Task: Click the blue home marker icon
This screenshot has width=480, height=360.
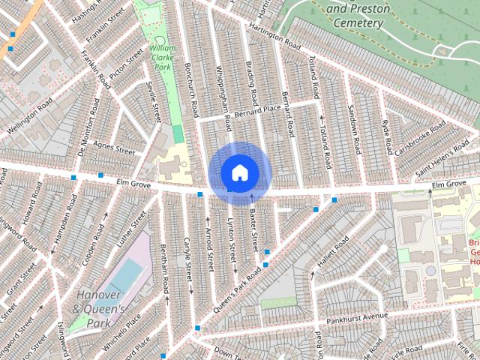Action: (239, 172)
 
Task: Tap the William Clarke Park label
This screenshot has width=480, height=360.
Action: (163, 58)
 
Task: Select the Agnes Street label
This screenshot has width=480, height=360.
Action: (113, 148)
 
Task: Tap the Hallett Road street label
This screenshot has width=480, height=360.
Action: (333, 253)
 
